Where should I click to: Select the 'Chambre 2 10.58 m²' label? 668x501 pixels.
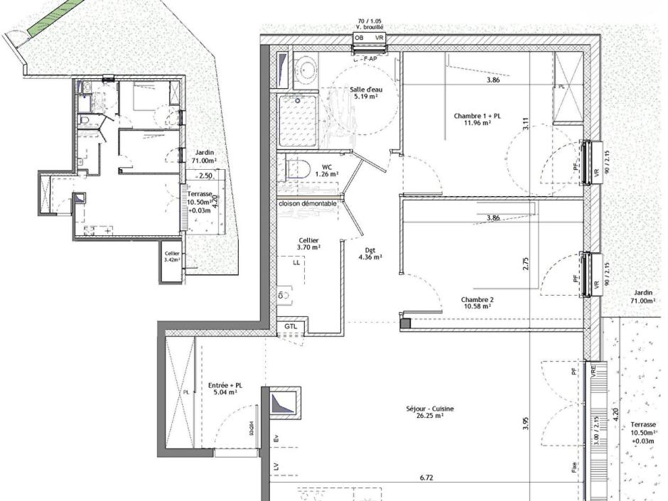coord(476,303)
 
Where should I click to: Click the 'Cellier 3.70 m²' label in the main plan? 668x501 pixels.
coord(308,244)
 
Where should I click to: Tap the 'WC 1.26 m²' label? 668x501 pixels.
coord(325,171)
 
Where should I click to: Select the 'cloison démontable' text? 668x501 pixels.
coord(307,204)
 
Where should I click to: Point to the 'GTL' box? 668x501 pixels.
coord(291,326)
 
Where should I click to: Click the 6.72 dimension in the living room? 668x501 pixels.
coord(426,478)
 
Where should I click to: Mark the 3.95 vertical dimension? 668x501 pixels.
coord(526,424)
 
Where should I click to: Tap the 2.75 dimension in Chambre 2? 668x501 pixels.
coord(526,264)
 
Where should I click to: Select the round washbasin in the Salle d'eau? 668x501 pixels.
coord(307,69)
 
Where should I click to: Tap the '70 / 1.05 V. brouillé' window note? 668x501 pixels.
coord(370,23)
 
